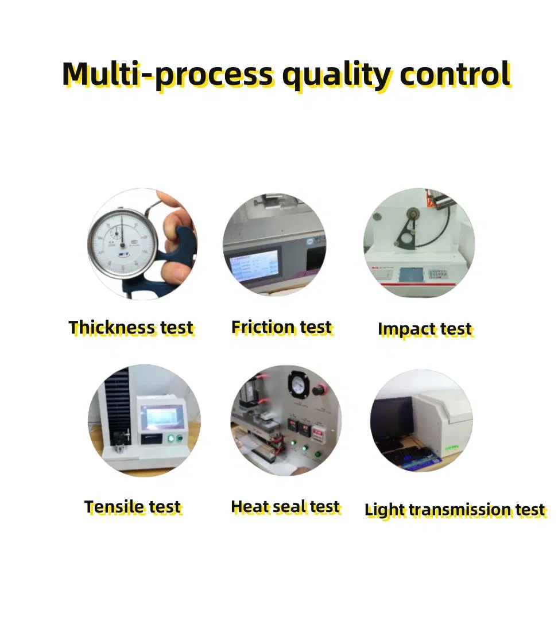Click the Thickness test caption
131,328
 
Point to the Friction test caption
281,327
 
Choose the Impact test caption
425,329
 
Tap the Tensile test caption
132,507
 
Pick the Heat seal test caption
285,507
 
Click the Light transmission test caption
455,510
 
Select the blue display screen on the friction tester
253,265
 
